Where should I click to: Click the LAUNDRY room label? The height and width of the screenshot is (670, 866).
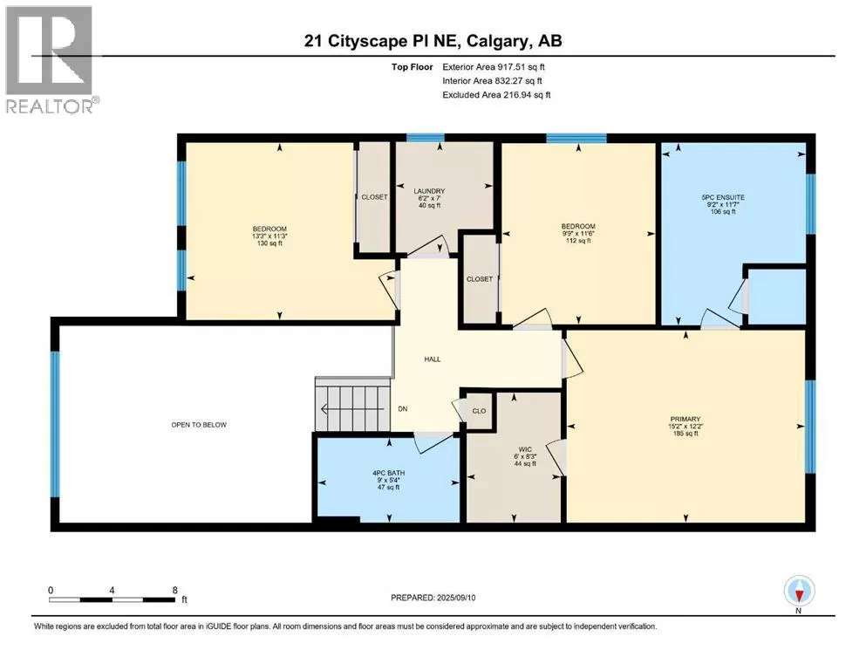pyautogui.click(x=429, y=191)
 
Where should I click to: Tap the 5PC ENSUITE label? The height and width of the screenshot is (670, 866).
pyautogui.click(x=723, y=197)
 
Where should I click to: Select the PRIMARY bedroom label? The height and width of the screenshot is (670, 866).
pyautogui.click(x=685, y=420)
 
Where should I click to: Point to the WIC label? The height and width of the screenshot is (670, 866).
pyautogui.click(x=525, y=449)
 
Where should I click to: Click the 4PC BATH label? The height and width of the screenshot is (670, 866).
pyautogui.click(x=389, y=473)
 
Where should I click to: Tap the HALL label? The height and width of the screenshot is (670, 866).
pyautogui.click(x=433, y=359)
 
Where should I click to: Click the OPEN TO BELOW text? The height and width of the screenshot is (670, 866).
pyautogui.click(x=199, y=425)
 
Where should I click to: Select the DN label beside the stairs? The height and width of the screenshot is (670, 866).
pyautogui.click(x=403, y=409)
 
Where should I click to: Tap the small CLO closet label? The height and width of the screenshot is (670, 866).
pyautogui.click(x=480, y=411)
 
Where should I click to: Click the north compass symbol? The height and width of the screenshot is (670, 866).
pyautogui.click(x=799, y=591)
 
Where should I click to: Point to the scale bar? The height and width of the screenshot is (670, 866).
pyautogui.click(x=113, y=599)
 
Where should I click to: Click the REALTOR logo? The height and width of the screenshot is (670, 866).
pyautogui.click(x=50, y=60)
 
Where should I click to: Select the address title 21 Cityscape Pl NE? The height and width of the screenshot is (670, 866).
pyautogui.click(x=384, y=41)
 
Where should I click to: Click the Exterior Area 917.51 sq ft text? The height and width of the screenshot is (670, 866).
pyautogui.click(x=494, y=67)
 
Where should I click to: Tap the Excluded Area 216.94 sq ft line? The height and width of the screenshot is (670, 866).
pyautogui.click(x=496, y=95)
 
